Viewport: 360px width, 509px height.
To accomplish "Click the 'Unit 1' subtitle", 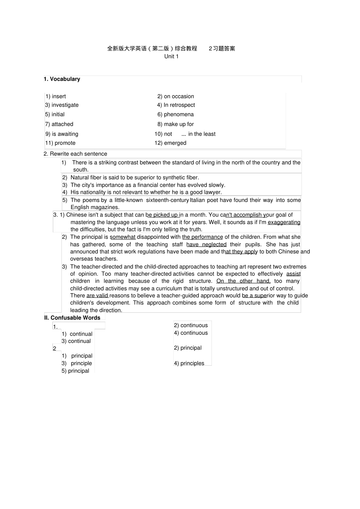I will [x=171, y=56].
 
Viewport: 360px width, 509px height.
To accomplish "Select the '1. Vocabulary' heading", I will [x=62, y=79].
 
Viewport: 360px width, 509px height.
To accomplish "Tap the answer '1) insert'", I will [x=56, y=96].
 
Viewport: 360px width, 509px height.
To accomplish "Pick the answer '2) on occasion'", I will [x=176, y=96].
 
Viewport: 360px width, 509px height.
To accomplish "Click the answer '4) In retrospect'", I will [x=176, y=105].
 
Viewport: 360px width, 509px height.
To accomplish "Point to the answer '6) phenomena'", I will [x=176, y=114].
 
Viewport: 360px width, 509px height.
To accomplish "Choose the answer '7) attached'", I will [x=59, y=124].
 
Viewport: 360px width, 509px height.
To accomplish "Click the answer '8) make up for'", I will [x=176, y=124].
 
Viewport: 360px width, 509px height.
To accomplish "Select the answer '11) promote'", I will [x=60, y=143].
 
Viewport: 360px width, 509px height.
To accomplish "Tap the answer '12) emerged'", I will [x=171, y=143].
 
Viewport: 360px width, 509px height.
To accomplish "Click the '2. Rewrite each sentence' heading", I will [x=76, y=154].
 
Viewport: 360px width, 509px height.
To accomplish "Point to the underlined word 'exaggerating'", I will [x=284, y=222].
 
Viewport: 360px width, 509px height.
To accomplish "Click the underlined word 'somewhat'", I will [x=123, y=237].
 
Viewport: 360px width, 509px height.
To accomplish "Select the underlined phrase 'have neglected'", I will [x=206, y=244].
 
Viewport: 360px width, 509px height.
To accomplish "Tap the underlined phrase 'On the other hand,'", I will [x=243, y=281].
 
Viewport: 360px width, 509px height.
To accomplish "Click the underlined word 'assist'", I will [x=293, y=274].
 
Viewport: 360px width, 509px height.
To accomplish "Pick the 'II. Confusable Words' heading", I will [x=72, y=318].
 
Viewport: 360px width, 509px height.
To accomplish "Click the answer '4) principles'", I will [x=189, y=363].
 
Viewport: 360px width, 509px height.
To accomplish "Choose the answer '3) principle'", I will [x=77, y=363].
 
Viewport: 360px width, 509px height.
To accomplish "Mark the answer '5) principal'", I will [x=76, y=371].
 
